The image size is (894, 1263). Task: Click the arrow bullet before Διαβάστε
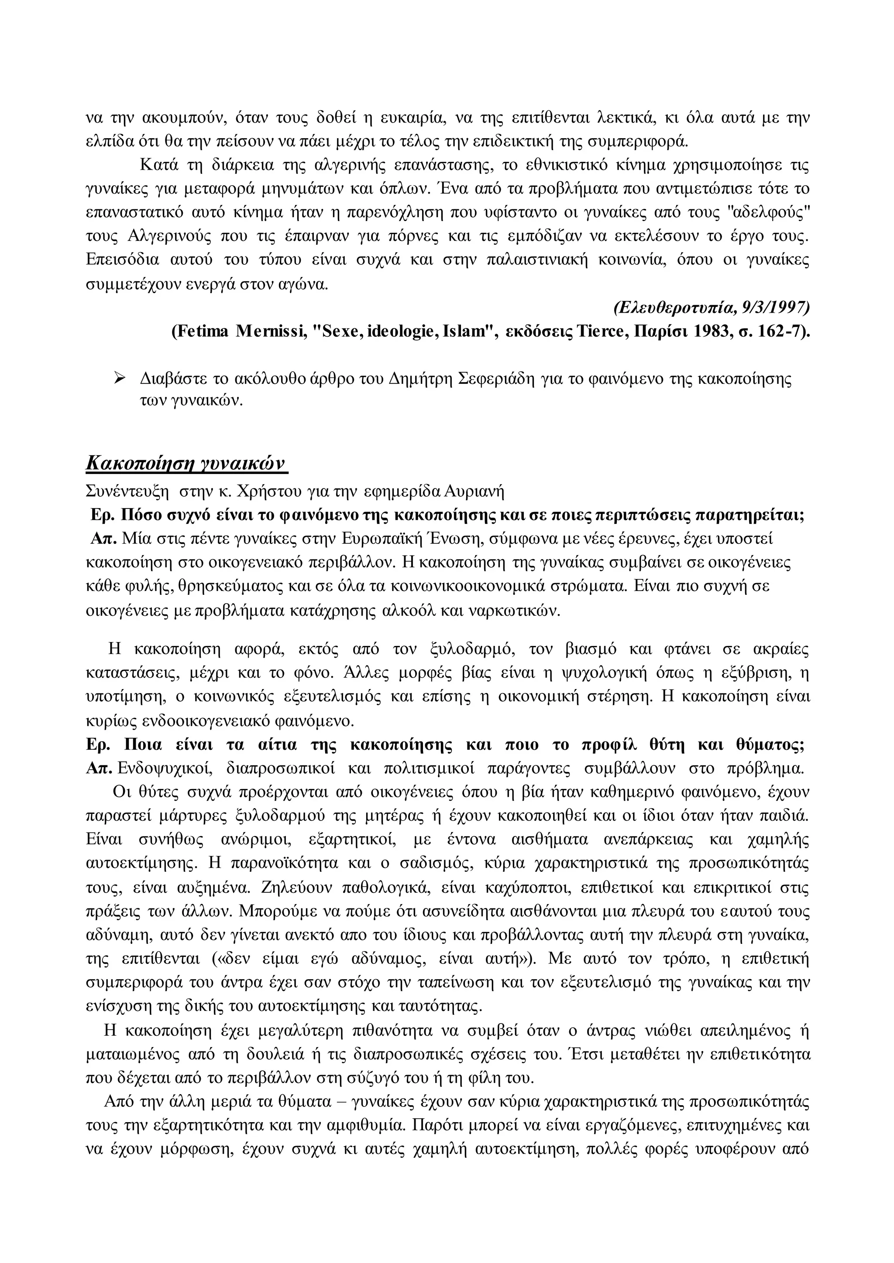point(119,378)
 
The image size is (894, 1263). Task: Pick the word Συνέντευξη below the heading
point(127,490)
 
